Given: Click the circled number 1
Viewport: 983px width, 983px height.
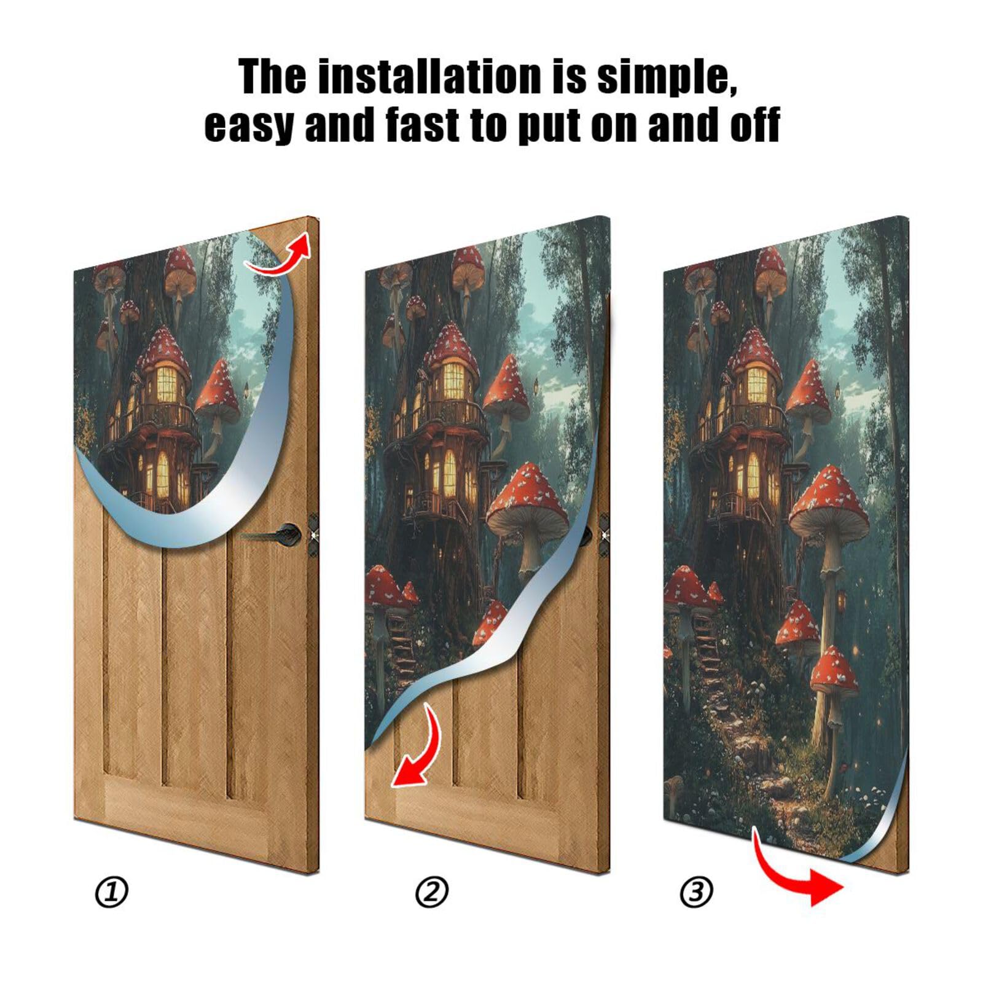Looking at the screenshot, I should [112, 892].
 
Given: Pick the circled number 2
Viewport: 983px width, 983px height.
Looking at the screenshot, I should [432, 892].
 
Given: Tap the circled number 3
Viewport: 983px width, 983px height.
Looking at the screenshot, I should [697, 892].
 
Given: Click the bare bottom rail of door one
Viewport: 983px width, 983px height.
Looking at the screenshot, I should [184, 808].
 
